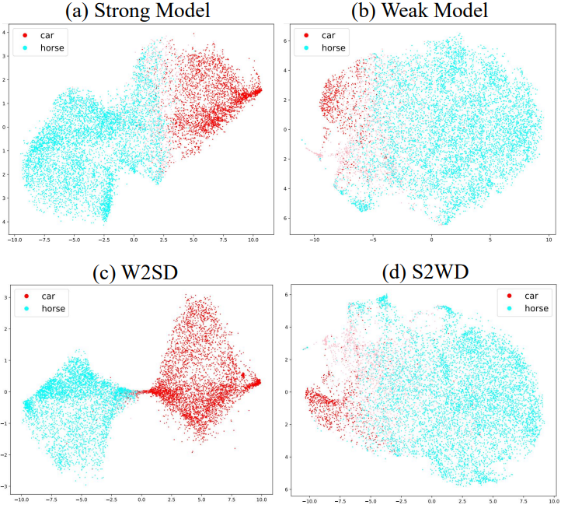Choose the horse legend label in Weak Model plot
point(333,48)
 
